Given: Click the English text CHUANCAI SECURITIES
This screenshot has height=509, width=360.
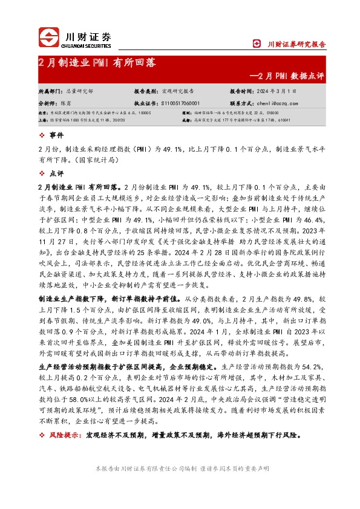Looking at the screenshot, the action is pos(88,45).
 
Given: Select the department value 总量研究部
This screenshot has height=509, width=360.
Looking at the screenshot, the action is pos(79,90).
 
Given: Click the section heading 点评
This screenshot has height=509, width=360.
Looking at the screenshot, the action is pos(55,173).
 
